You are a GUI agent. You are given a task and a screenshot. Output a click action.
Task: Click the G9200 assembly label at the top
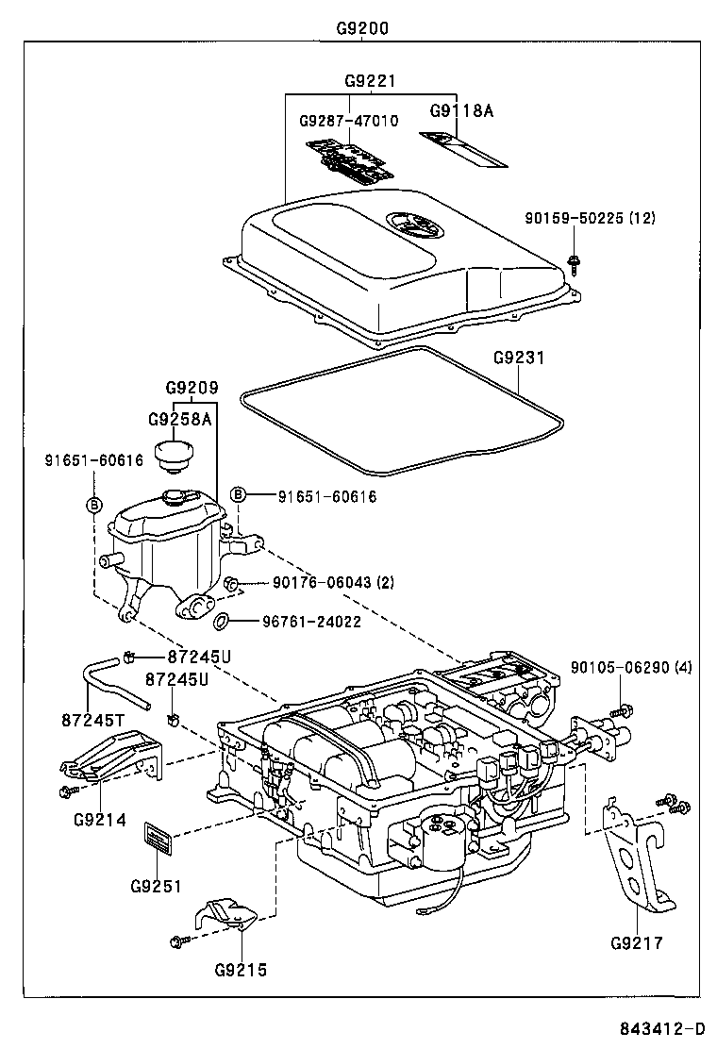[x=362, y=27]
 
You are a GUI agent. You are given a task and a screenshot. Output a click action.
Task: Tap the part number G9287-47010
[x=348, y=122]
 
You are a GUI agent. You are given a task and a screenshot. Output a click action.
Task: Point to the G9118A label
[x=462, y=110]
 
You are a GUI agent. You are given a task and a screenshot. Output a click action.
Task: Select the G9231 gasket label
[x=519, y=358]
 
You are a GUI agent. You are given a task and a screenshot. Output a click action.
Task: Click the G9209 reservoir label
[x=192, y=388]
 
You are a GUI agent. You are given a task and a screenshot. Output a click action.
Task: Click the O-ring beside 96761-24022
[x=223, y=621]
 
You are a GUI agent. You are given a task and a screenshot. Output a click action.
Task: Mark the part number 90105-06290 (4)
[x=631, y=668]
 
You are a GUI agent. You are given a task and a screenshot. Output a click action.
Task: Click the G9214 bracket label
[x=99, y=818]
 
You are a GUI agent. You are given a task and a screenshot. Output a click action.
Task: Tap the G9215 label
[x=241, y=969]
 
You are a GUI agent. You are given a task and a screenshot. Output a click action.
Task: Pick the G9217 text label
[x=637, y=942]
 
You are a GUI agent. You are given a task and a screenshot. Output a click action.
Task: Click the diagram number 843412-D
[x=661, y=1028]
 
